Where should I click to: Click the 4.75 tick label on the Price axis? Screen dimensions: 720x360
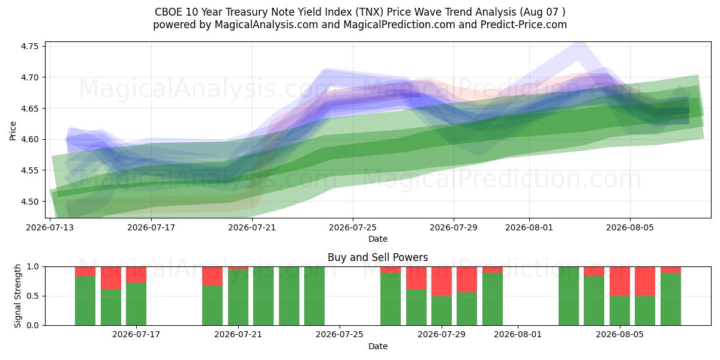click(x=29, y=46)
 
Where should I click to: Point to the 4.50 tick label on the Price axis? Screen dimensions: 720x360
click(x=29, y=202)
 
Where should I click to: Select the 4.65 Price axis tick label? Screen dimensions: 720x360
click(x=29, y=109)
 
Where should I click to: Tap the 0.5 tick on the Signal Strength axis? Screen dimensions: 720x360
click(x=32, y=296)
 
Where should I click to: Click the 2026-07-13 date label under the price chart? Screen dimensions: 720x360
click(x=50, y=227)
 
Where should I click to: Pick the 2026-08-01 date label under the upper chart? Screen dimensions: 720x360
click(x=529, y=227)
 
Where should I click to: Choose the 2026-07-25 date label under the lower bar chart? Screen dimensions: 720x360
click(x=340, y=334)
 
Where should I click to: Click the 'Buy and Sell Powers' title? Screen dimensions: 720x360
click(x=377, y=257)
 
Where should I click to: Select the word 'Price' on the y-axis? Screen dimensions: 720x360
click(x=13, y=131)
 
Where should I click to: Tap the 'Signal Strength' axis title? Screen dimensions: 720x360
click(x=17, y=296)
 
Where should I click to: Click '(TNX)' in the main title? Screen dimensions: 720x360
click(x=370, y=12)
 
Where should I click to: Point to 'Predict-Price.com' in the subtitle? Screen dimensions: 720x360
click(x=524, y=25)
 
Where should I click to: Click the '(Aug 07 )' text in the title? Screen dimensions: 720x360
click(x=542, y=12)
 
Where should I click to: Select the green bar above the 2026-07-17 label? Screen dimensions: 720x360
click(x=136, y=304)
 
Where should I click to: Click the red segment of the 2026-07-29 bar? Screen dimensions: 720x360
click(x=442, y=281)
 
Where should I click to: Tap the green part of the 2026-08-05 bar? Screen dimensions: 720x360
click(x=620, y=311)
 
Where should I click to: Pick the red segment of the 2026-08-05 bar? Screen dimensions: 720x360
click(x=620, y=281)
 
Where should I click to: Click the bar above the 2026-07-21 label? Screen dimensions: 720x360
click(x=238, y=296)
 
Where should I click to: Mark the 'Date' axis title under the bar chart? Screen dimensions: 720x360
click(x=377, y=346)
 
